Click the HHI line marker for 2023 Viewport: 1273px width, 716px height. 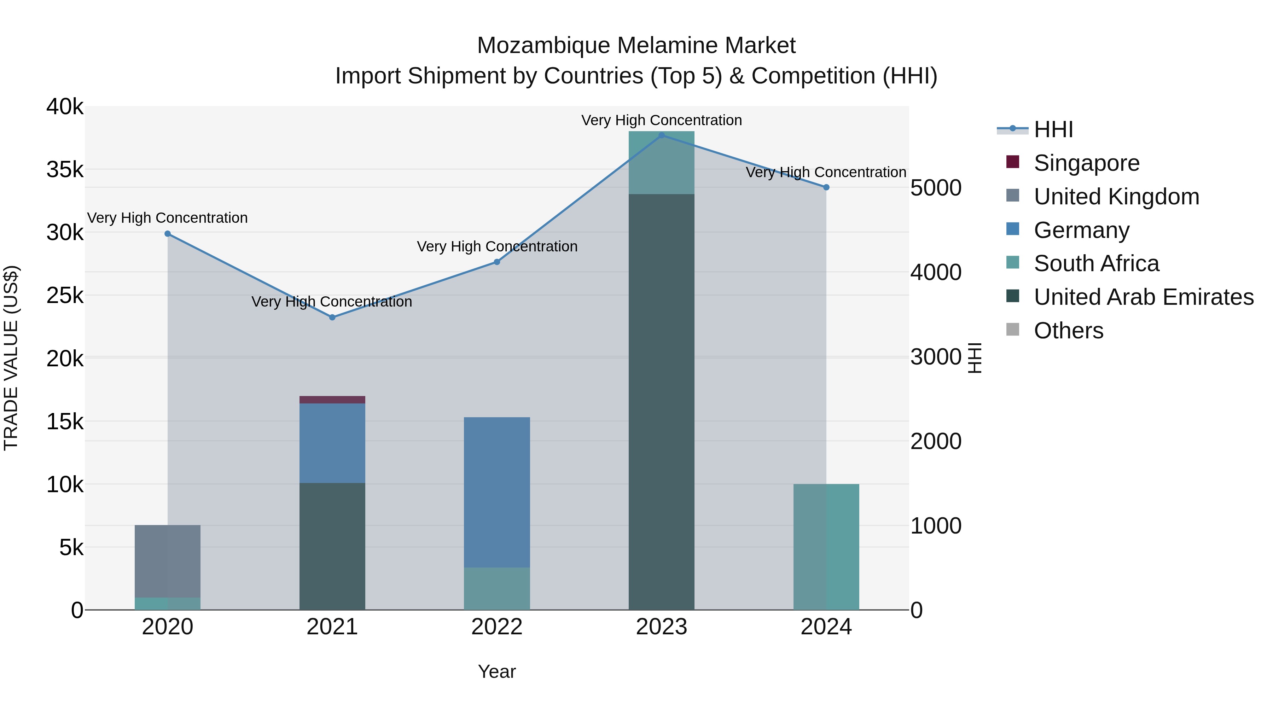click(x=661, y=135)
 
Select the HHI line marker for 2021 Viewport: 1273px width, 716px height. click(x=332, y=317)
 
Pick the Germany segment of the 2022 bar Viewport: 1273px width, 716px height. click(x=497, y=492)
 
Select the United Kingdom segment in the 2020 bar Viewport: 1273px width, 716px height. click(x=168, y=561)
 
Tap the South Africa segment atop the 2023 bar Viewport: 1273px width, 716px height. click(x=661, y=163)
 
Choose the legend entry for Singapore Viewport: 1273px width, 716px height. click(x=1086, y=163)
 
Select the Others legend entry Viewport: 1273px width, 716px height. click(x=1068, y=331)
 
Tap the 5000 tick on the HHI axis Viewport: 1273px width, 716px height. click(x=935, y=188)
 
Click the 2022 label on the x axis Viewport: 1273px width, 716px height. click(x=497, y=627)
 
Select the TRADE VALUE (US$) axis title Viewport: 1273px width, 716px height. click(x=11, y=358)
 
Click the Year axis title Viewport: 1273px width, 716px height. click(x=497, y=671)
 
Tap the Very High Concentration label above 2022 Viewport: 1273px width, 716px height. click(x=497, y=246)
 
